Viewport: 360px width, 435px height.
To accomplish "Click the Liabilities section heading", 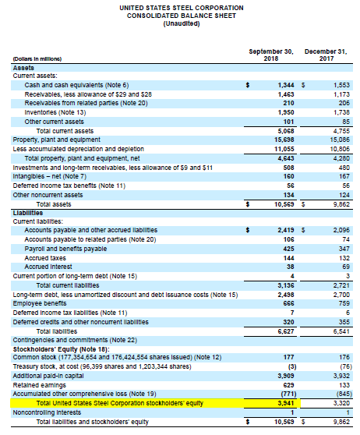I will coord(28,212).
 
